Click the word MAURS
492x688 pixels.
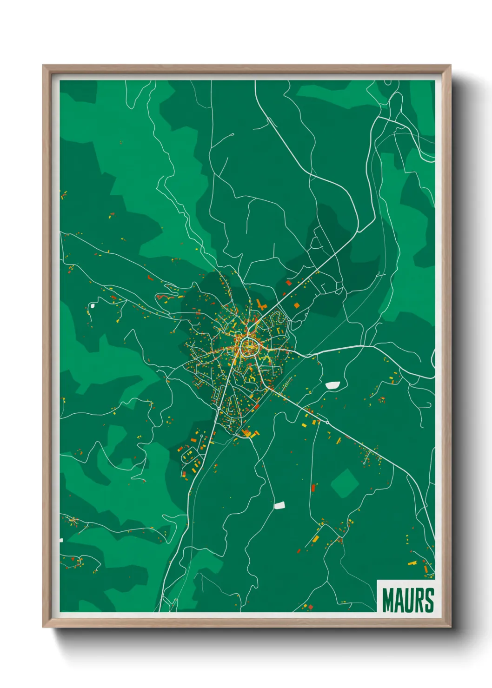[x=408, y=600]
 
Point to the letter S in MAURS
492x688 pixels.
[x=429, y=600]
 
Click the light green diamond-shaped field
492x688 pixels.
[x=345, y=483]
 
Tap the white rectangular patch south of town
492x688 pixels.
[x=279, y=505]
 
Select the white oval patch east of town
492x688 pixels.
[x=332, y=385]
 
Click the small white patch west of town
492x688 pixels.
[x=92, y=305]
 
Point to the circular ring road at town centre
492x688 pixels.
[x=249, y=346]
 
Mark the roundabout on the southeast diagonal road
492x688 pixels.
[x=327, y=422]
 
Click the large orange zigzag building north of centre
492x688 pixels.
[x=260, y=305]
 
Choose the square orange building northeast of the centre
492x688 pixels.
[x=296, y=305]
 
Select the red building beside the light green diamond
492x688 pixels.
[x=313, y=488]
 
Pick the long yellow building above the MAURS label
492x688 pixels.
[x=412, y=563]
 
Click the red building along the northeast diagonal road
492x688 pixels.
[x=288, y=282]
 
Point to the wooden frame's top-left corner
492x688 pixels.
[x=44, y=66]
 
